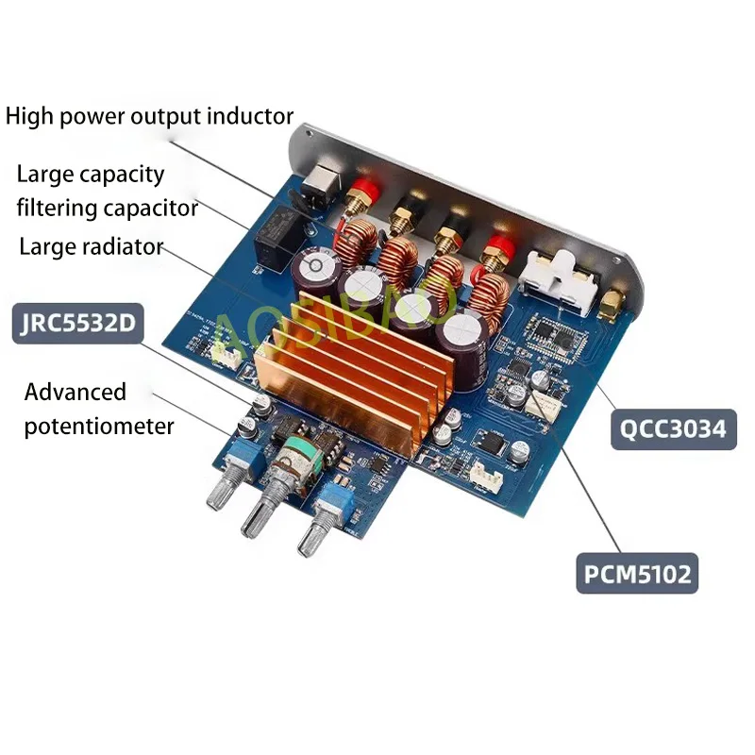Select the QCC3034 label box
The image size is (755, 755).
(672, 428)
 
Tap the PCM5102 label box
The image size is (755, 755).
(637, 573)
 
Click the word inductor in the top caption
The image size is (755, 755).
(247, 116)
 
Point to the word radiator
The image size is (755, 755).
(120, 247)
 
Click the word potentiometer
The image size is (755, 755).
(99, 426)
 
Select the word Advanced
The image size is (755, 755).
(75, 392)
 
